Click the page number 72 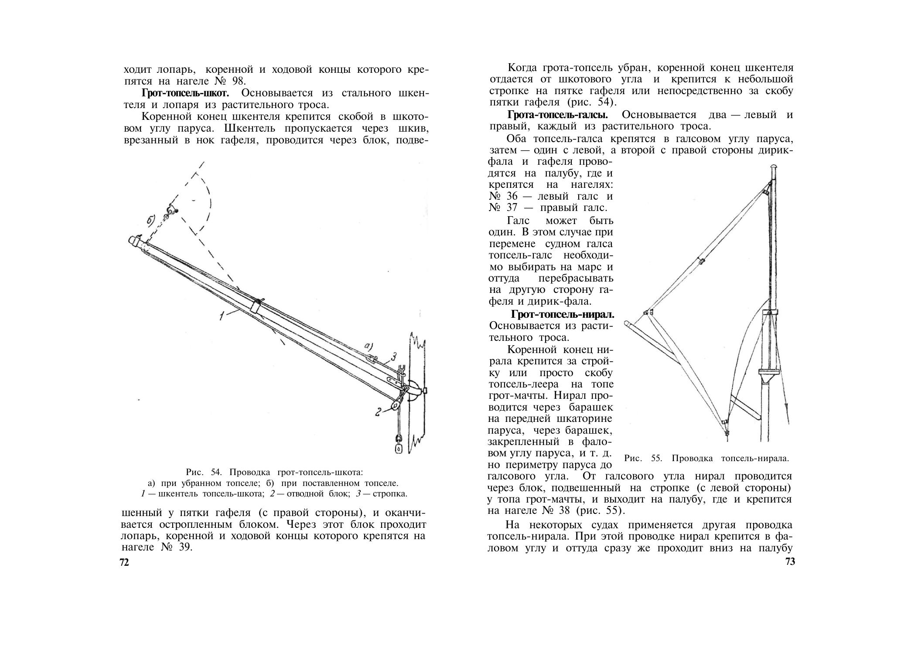click(x=124, y=563)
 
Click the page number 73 click(x=790, y=562)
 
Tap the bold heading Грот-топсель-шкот click(x=185, y=93)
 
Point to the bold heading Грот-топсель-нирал click(x=563, y=314)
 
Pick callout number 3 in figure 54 click(x=393, y=357)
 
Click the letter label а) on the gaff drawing click(x=369, y=347)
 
